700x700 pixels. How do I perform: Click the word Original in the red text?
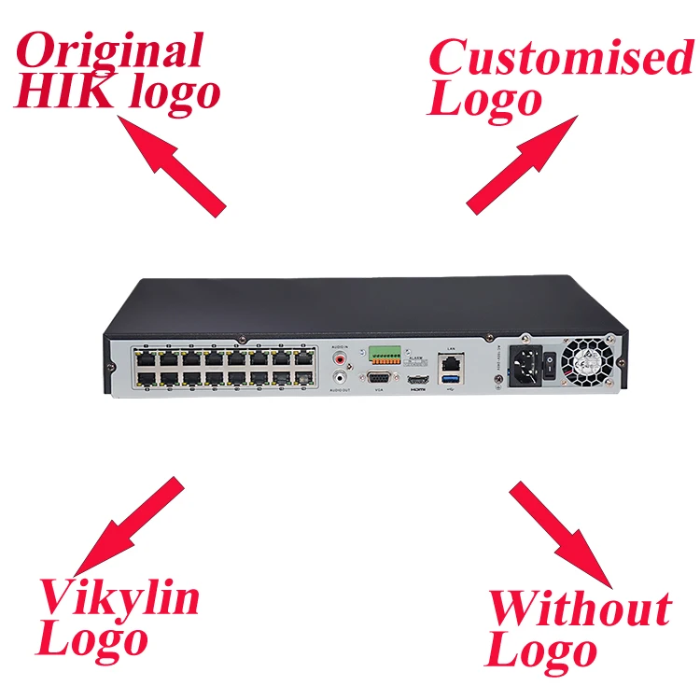click(x=111, y=51)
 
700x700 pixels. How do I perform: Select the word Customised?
click(x=560, y=59)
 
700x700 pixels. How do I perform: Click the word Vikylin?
click(x=119, y=596)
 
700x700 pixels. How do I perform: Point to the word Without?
click(x=580, y=609)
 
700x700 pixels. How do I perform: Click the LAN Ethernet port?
click(x=451, y=359)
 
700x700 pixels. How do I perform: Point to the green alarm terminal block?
click(x=384, y=355)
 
